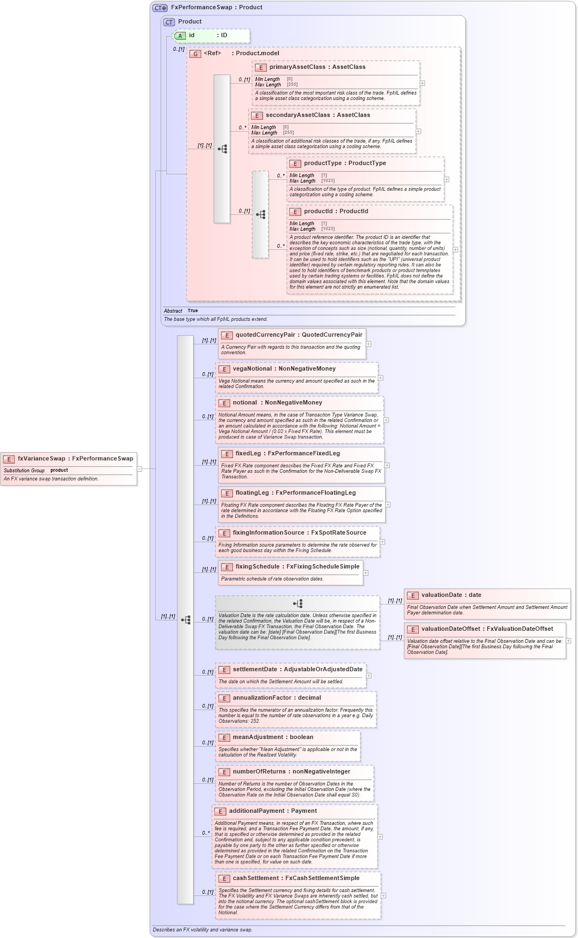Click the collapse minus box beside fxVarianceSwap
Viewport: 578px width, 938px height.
pos(139,469)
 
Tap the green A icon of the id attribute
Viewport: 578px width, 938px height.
pos(180,36)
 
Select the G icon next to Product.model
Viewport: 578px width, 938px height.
pos(195,54)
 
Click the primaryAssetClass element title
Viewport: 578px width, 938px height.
pos(317,67)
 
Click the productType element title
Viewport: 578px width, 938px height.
pos(345,163)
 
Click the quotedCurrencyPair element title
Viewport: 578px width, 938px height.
pos(299,335)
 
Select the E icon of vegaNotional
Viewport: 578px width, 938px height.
pos(224,370)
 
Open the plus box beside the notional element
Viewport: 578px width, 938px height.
pos(386,420)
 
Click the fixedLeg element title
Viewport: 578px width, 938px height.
pos(287,454)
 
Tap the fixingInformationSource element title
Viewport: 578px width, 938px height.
pos(299,533)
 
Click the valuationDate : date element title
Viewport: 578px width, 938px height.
pos(451,595)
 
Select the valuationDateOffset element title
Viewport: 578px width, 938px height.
pos(487,629)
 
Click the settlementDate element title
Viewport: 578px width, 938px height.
pos(297,670)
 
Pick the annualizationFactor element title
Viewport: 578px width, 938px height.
pos(277,698)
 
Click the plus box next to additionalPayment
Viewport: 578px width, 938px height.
pos(380,837)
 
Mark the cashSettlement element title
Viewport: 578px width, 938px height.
pos(296,878)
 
